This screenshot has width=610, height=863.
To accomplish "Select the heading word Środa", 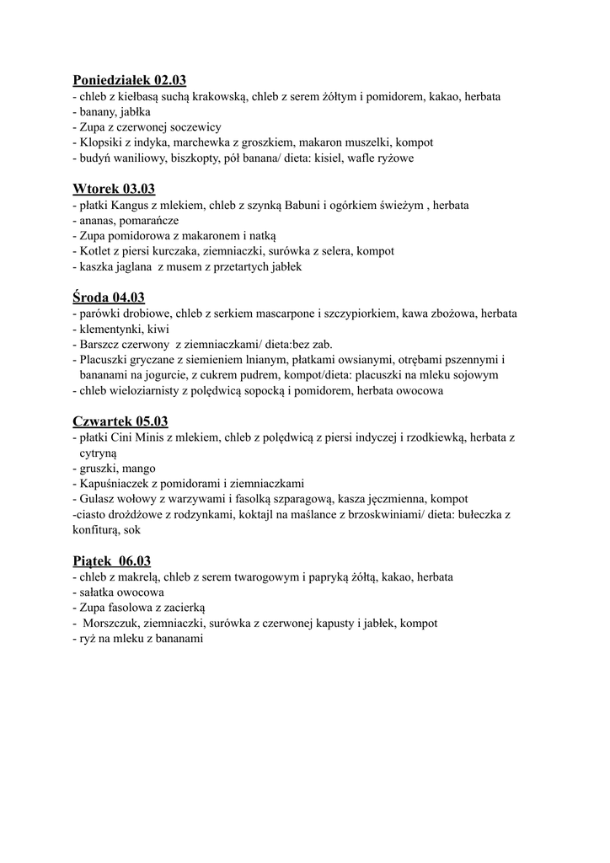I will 91,297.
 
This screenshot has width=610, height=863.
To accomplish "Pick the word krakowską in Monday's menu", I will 217,97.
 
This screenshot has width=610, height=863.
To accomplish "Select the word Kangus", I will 131,205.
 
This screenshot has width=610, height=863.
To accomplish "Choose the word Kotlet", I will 95,251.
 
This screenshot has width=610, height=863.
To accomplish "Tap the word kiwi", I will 158,329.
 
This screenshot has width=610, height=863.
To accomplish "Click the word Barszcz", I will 102,344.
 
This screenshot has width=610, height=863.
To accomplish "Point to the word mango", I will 138,468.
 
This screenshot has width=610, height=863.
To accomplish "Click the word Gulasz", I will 99,499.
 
